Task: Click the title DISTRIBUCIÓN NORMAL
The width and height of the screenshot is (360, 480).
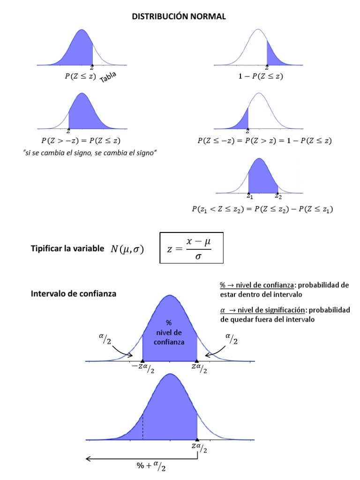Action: [x=179, y=16]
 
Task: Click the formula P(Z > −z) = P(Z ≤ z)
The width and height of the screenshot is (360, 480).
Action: [x=84, y=141]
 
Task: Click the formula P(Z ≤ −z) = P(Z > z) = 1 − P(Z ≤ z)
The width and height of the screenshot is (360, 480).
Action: [x=265, y=141]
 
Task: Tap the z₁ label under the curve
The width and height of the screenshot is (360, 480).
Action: [x=250, y=196]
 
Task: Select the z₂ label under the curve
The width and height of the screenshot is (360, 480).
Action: [x=278, y=196]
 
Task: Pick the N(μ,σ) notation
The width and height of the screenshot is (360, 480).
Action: [x=127, y=249]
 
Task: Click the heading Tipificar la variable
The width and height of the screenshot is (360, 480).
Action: [x=67, y=249]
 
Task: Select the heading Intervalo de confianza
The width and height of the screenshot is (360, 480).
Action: [x=74, y=294]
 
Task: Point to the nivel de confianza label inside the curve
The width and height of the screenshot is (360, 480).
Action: [x=169, y=333]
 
